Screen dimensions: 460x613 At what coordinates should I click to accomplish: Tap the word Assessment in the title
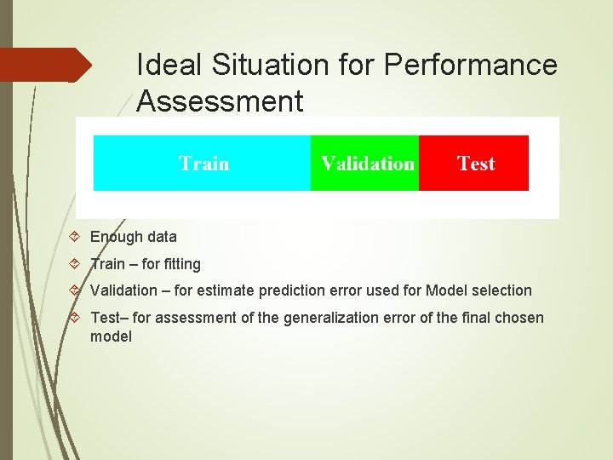pyautogui.click(x=220, y=101)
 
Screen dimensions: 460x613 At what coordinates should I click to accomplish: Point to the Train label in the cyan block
pyautogui.click(x=203, y=163)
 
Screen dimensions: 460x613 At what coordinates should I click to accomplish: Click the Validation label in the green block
pyautogui.click(x=367, y=163)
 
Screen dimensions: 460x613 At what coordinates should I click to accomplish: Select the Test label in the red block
pyautogui.click(x=475, y=163)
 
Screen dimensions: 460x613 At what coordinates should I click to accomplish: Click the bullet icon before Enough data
pyautogui.click(x=76, y=237)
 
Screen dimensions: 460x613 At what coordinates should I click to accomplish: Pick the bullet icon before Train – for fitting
pyautogui.click(x=76, y=264)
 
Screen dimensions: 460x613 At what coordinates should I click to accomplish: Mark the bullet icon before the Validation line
pyautogui.click(x=76, y=290)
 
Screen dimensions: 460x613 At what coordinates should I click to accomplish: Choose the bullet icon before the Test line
pyautogui.click(x=76, y=318)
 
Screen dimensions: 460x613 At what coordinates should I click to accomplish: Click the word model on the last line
pyautogui.click(x=111, y=336)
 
